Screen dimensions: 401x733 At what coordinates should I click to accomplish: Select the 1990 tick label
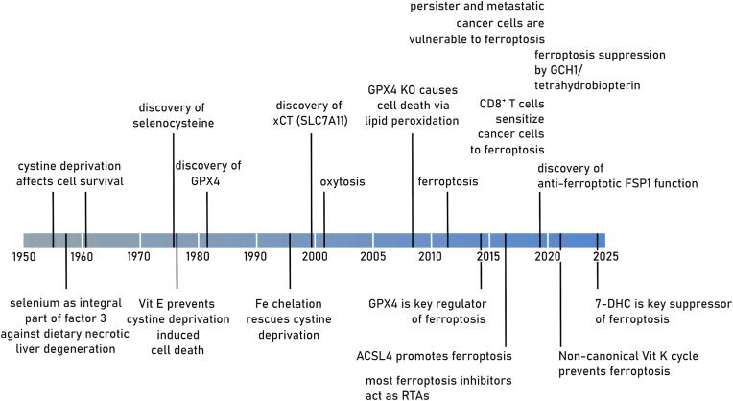click(255, 257)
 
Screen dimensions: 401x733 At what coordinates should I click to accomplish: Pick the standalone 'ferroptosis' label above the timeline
click(448, 179)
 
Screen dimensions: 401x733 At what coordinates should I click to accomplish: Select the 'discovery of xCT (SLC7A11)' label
click(315, 114)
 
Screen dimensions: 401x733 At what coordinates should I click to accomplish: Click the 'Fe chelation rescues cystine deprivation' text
click(291, 318)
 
